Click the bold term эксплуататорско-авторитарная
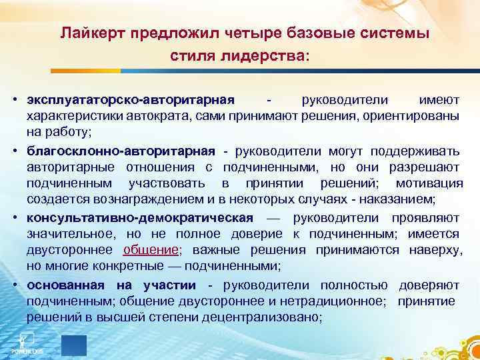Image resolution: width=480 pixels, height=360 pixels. click(x=131, y=100)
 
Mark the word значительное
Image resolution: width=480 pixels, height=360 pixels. click(x=71, y=234)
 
